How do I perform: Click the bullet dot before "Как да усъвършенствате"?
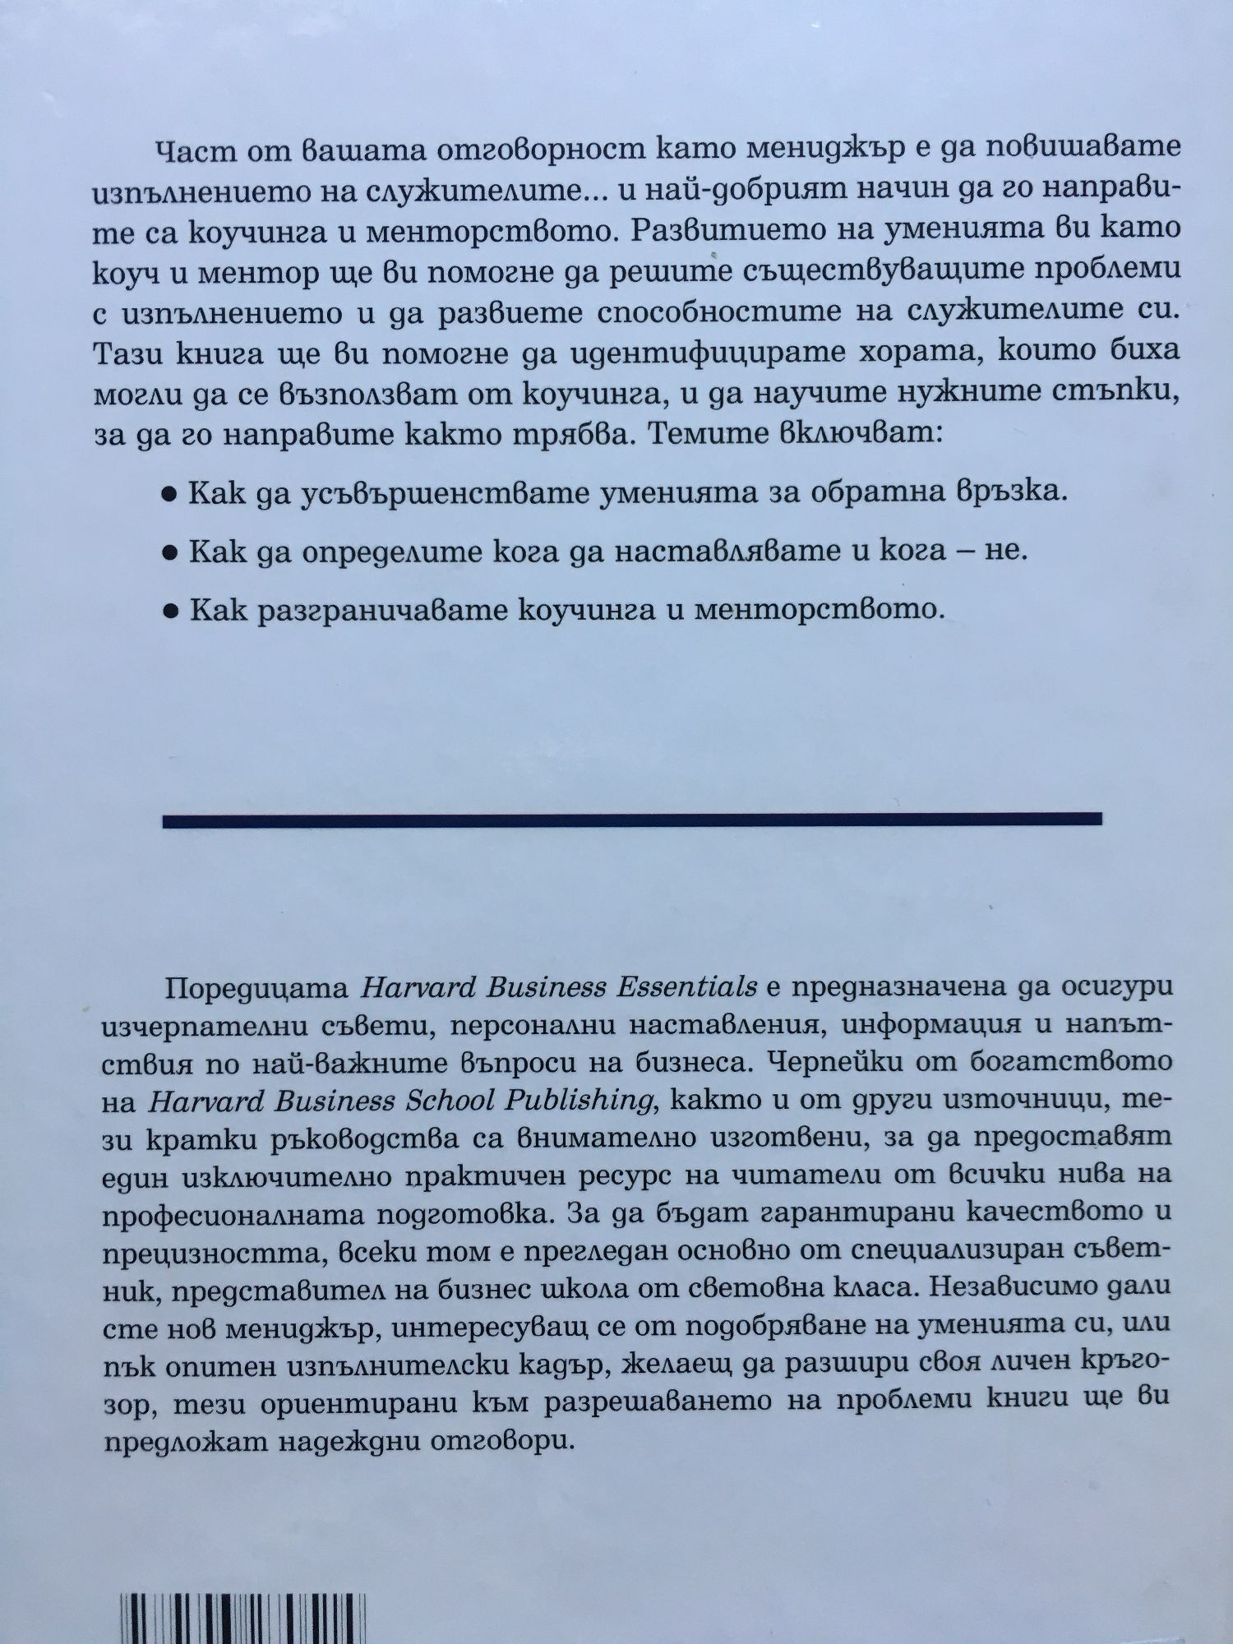tap(170, 496)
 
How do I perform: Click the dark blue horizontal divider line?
tap(631, 820)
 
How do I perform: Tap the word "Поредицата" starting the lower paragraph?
tap(257, 987)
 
